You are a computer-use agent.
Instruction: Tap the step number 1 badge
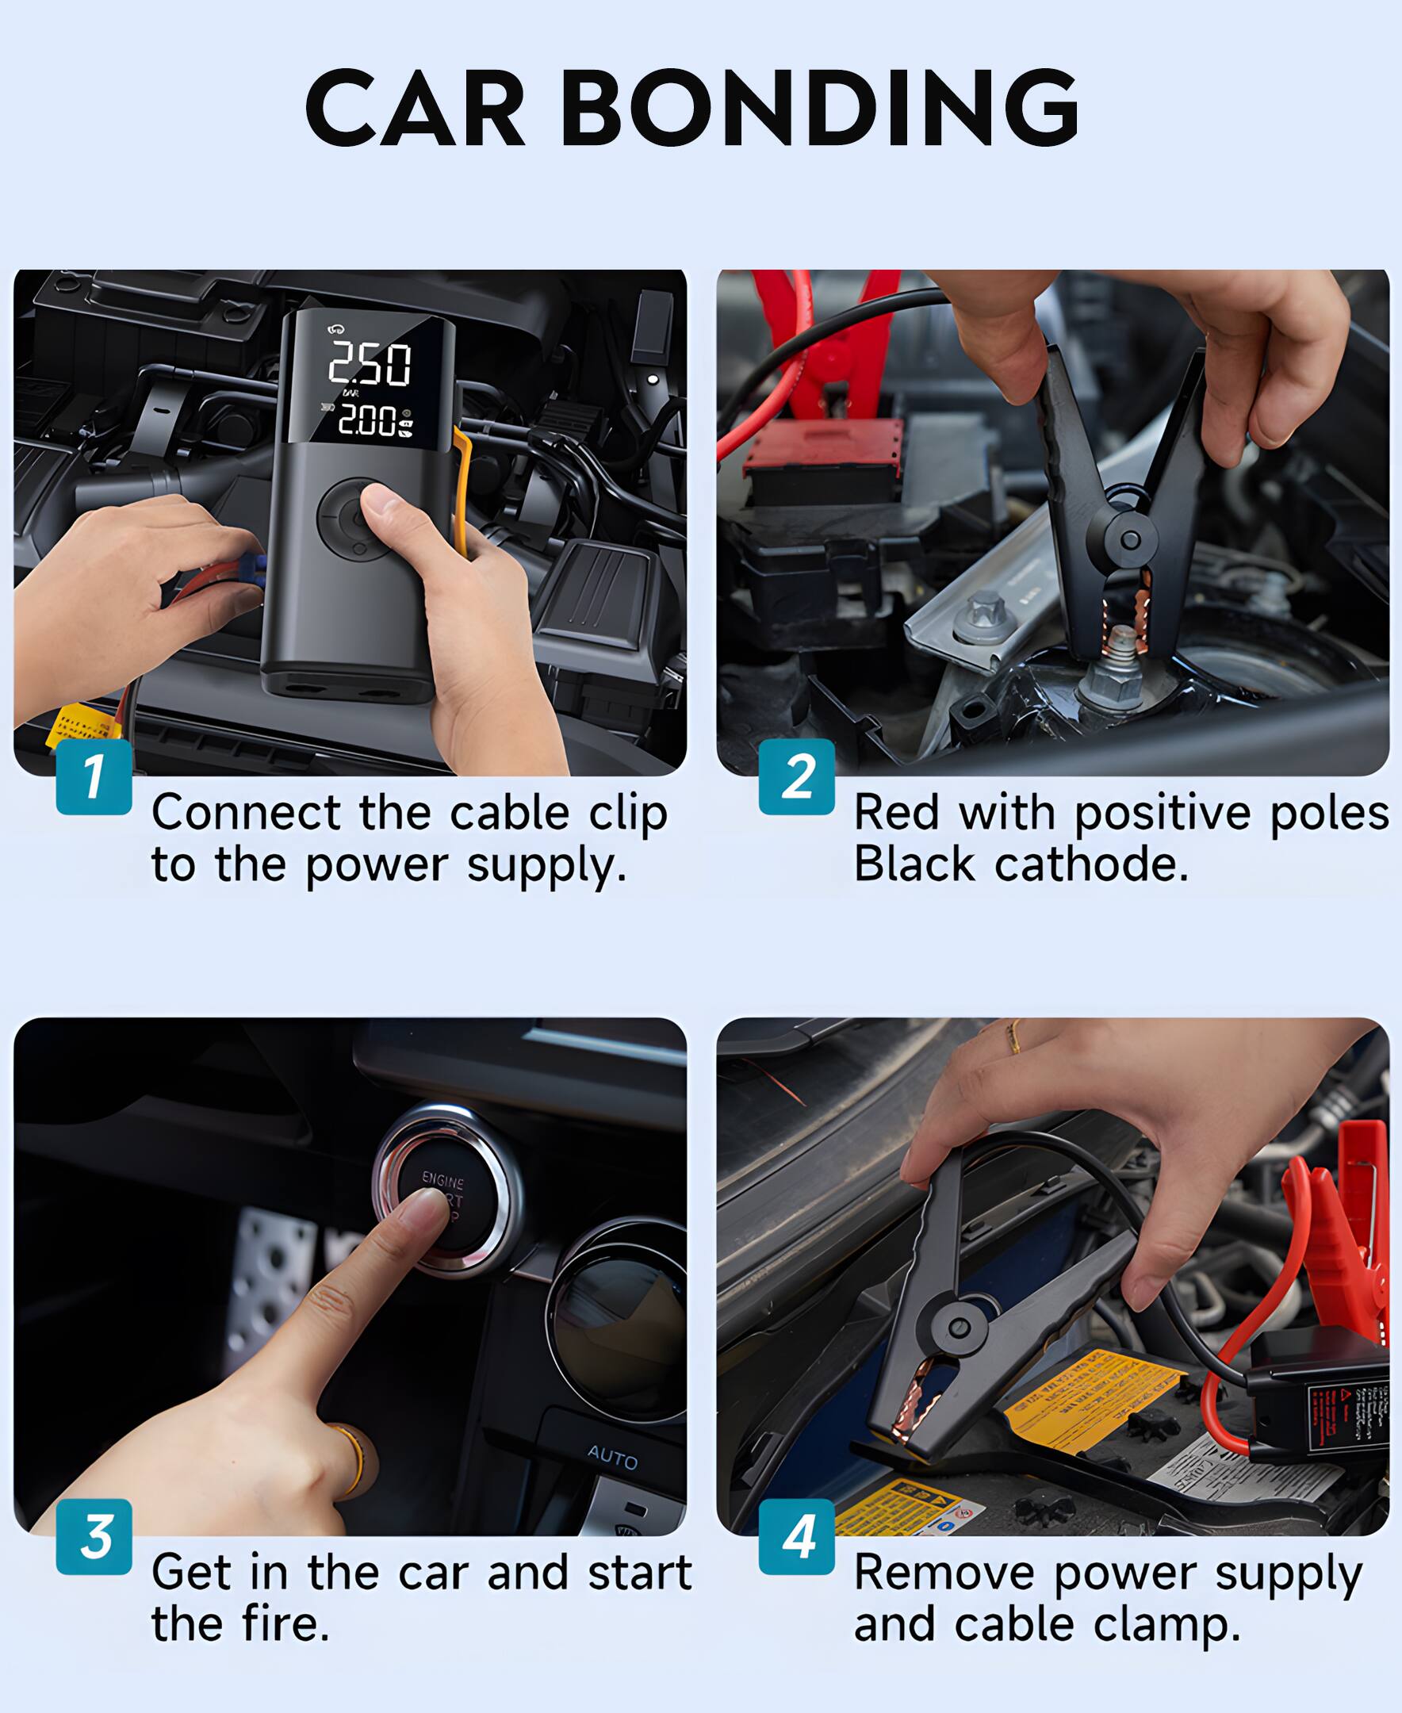tap(94, 776)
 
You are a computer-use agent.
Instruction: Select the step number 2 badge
tap(796, 776)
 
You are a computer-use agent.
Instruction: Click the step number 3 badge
tap(94, 1536)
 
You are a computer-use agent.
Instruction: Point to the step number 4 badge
tap(796, 1536)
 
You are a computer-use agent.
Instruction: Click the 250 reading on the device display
tap(370, 363)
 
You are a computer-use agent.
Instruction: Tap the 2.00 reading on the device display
tap(367, 420)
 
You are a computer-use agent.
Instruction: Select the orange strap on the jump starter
tap(463, 492)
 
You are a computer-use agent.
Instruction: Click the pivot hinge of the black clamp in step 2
tap(1130, 539)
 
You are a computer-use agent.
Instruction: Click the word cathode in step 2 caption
tap(1091, 865)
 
